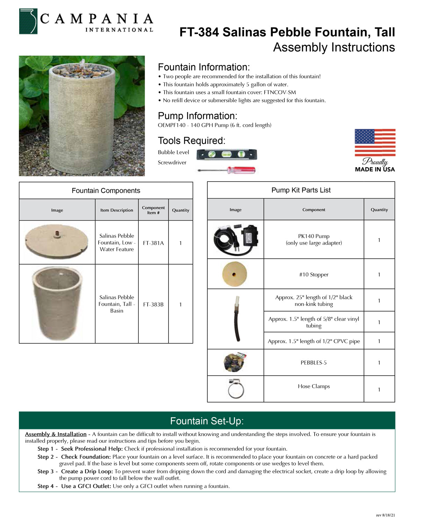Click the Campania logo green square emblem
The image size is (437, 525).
click(28, 21)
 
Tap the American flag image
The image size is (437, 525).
click(375, 142)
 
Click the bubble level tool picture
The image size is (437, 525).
click(227, 154)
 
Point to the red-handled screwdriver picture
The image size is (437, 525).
click(227, 170)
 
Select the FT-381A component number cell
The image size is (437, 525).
click(153, 243)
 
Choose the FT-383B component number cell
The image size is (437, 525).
click(153, 304)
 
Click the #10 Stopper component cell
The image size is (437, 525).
click(314, 275)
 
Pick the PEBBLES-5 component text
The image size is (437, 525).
click(314, 363)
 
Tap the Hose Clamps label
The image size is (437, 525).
click(314, 386)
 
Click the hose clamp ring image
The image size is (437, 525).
click(236, 389)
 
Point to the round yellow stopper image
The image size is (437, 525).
click(234, 274)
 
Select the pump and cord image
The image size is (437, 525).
click(236, 240)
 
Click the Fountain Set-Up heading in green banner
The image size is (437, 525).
click(207, 421)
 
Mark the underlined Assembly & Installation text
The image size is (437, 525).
click(56, 434)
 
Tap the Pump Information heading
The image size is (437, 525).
click(198, 116)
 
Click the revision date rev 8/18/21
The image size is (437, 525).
click(385, 515)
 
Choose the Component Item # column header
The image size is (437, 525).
click(153, 210)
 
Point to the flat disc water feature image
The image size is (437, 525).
click(57, 241)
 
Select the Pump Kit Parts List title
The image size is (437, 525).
click(301, 190)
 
